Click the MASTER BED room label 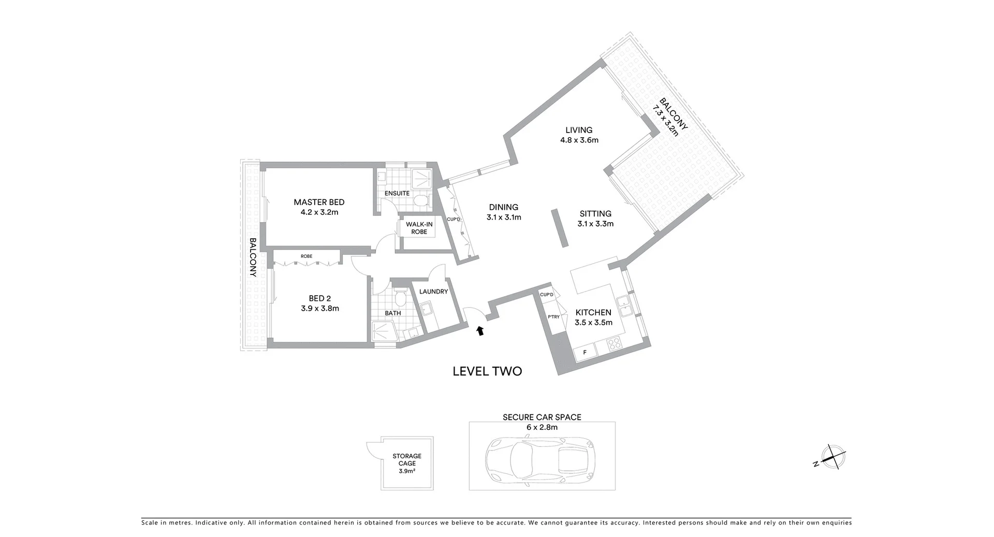coord(319,202)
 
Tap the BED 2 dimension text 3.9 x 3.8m coord(319,309)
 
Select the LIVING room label coord(579,130)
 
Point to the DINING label coord(503,207)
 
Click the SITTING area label coord(595,214)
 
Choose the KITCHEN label coord(593,312)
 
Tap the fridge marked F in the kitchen coord(585,353)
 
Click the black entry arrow coord(480,330)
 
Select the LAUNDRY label coord(433,292)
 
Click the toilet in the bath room coord(400,298)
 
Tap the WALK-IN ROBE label coord(419,228)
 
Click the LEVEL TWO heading coord(487,371)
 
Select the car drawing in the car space coord(540,461)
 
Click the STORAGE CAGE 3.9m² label coord(407,463)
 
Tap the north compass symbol coord(833,457)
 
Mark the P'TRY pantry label coord(553,317)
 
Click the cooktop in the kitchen coord(614,344)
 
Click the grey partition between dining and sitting coord(560,228)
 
